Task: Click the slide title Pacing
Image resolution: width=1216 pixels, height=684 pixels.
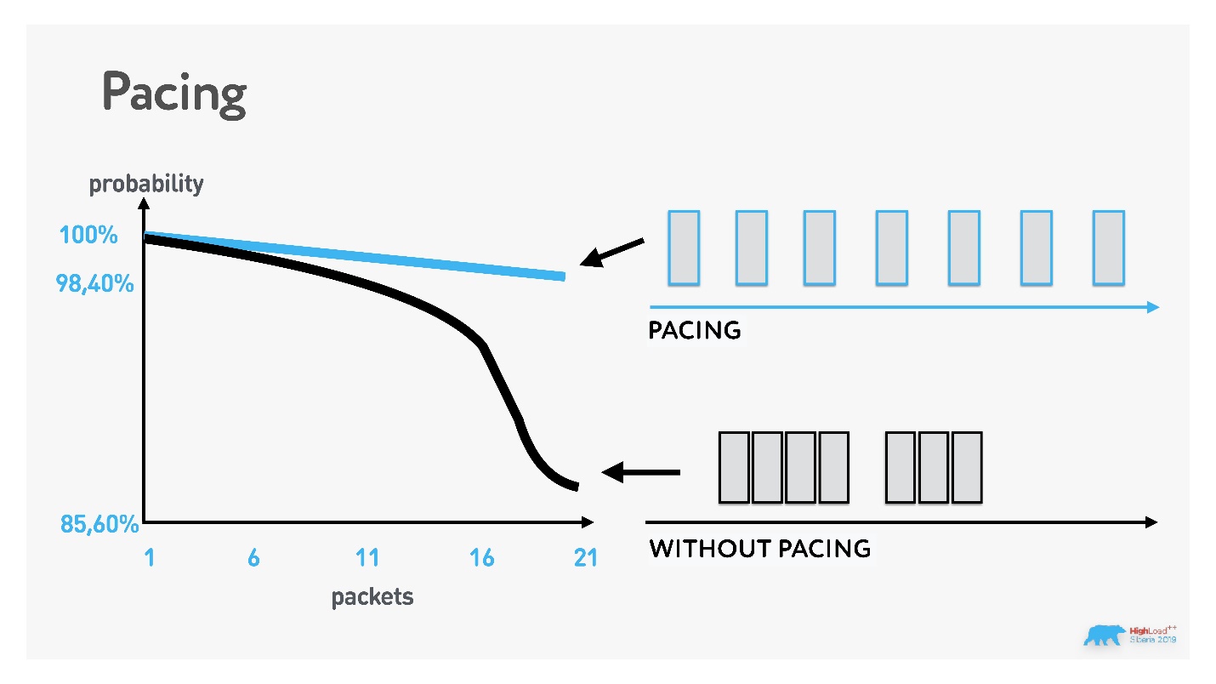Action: pyautogui.click(x=174, y=92)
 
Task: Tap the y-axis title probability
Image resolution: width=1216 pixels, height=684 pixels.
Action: pyautogui.click(x=146, y=183)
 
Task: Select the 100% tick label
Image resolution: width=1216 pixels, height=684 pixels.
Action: pyautogui.click(x=88, y=235)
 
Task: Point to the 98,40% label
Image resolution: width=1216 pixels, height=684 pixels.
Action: pyautogui.click(x=95, y=284)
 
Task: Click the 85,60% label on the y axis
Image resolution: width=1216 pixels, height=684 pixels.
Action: pyautogui.click(x=99, y=524)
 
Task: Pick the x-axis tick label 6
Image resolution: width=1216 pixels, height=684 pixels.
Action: pyautogui.click(x=253, y=558)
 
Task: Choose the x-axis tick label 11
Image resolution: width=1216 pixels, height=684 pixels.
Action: pyautogui.click(x=367, y=558)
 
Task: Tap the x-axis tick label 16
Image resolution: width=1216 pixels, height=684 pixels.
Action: pyautogui.click(x=481, y=558)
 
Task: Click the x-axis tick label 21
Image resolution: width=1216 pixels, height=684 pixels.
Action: pyautogui.click(x=586, y=558)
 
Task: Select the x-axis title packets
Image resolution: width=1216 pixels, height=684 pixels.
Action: pyautogui.click(x=372, y=596)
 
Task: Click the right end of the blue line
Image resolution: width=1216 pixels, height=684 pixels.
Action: pyautogui.click(x=562, y=276)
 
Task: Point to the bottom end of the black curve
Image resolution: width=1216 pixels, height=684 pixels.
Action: pyautogui.click(x=576, y=486)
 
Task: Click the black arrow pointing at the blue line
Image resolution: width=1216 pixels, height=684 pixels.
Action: pyautogui.click(x=612, y=252)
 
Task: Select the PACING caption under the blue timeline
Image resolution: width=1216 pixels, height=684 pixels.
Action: pyautogui.click(x=695, y=330)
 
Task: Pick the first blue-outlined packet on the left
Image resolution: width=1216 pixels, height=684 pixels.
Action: pyautogui.click(x=684, y=248)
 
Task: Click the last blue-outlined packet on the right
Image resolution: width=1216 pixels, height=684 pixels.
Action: pyautogui.click(x=1108, y=248)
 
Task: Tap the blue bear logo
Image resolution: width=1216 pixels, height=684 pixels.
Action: pyautogui.click(x=1104, y=636)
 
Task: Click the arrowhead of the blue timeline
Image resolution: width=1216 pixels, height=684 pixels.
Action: pyautogui.click(x=1152, y=307)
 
